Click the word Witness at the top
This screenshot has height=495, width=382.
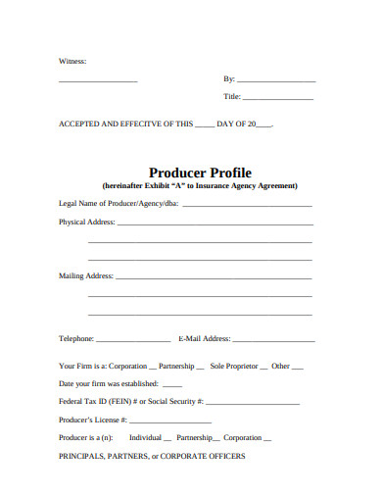(72, 61)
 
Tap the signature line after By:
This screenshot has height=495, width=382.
(276, 79)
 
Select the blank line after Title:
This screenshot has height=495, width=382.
(278, 98)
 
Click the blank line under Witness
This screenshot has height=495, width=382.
(98, 79)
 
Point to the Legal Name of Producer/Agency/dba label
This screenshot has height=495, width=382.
(119, 204)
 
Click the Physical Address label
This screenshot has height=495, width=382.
(87, 222)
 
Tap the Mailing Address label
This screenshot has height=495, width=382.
(86, 275)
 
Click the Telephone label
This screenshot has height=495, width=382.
(76, 338)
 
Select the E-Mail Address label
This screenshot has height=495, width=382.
(205, 338)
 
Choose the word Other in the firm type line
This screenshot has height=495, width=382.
(281, 366)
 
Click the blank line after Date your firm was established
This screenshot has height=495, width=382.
(177, 384)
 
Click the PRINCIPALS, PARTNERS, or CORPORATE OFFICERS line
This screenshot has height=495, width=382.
(152, 456)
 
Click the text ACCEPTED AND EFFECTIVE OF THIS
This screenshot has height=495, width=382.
(125, 124)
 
